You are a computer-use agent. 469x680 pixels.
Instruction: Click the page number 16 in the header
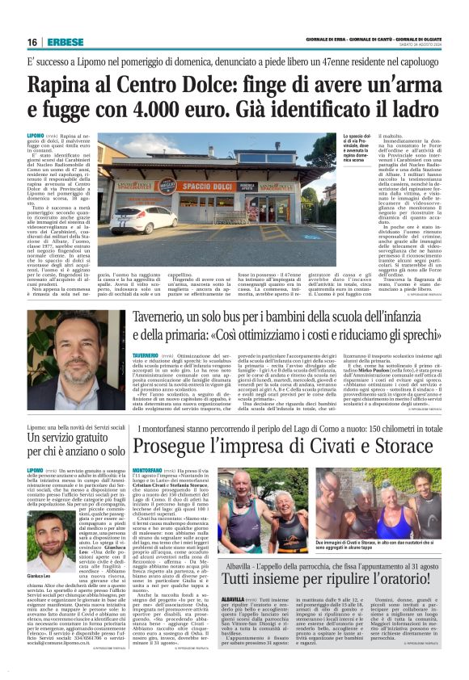[32, 41]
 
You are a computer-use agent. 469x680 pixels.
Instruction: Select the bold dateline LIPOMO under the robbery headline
[35, 136]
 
